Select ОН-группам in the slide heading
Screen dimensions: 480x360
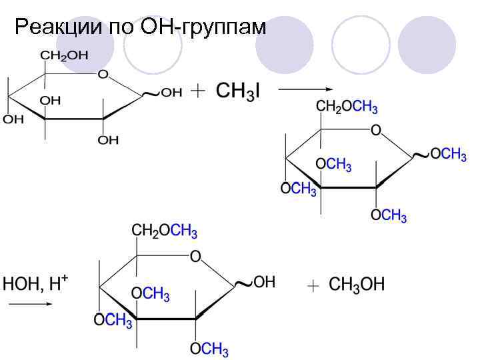[203, 28]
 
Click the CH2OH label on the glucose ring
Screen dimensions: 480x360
[65, 56]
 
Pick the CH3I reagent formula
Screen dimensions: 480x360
[237, 91]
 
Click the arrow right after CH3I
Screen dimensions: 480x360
[305, 89]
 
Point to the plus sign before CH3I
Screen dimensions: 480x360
[198, 92]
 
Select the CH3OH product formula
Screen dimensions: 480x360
[357, 285]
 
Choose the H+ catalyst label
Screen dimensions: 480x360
[59, 283]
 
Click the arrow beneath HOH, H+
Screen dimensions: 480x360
[30, 303]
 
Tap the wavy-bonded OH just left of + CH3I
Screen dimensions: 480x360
[171, 93]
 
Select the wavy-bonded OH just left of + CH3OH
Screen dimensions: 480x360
[263, 283]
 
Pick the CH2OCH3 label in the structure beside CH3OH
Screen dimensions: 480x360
[165, 231]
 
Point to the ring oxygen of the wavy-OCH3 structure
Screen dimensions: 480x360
[375, 130]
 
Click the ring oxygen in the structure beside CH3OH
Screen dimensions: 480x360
[195, 255]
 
